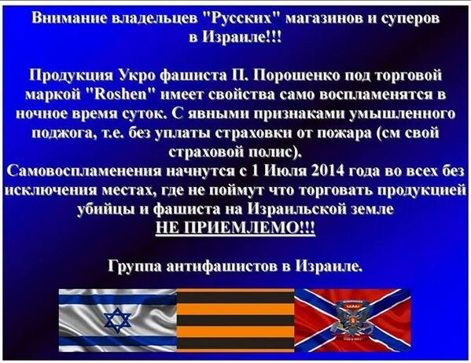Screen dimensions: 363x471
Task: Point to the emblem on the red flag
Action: (x=352, y=318)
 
